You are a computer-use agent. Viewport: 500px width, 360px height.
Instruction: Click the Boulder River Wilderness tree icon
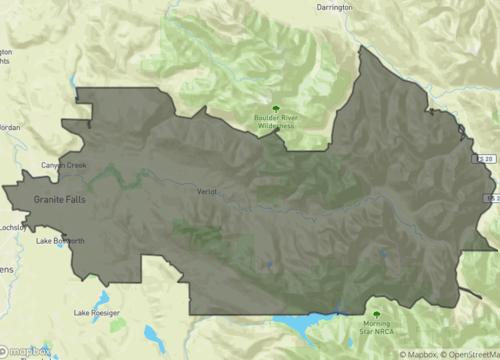coord(275,109)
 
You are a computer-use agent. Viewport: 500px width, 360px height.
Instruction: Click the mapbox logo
coord(28,351)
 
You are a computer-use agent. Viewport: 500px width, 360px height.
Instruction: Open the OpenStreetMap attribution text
coord(471,354)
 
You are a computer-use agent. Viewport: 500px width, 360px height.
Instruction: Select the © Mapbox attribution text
coord(420,354)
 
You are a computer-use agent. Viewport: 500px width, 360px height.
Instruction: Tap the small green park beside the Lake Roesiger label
coord(117,325)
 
